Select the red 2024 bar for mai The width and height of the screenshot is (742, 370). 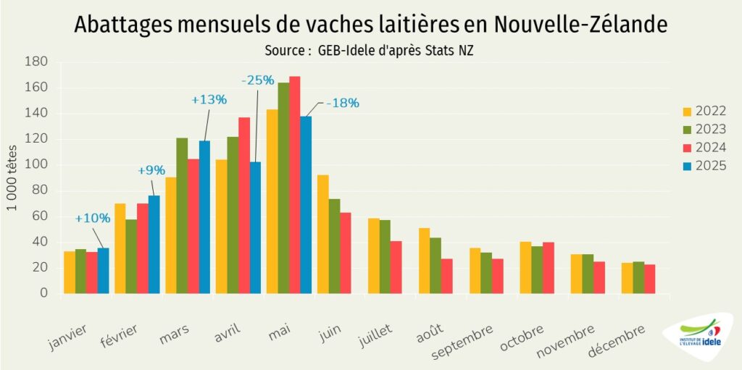[294, 185]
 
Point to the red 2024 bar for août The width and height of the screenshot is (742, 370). [446, 276]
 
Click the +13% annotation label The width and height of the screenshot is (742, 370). [209, 101]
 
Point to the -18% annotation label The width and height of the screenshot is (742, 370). [342, 103]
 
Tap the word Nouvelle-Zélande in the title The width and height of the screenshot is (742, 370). [580, 24]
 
